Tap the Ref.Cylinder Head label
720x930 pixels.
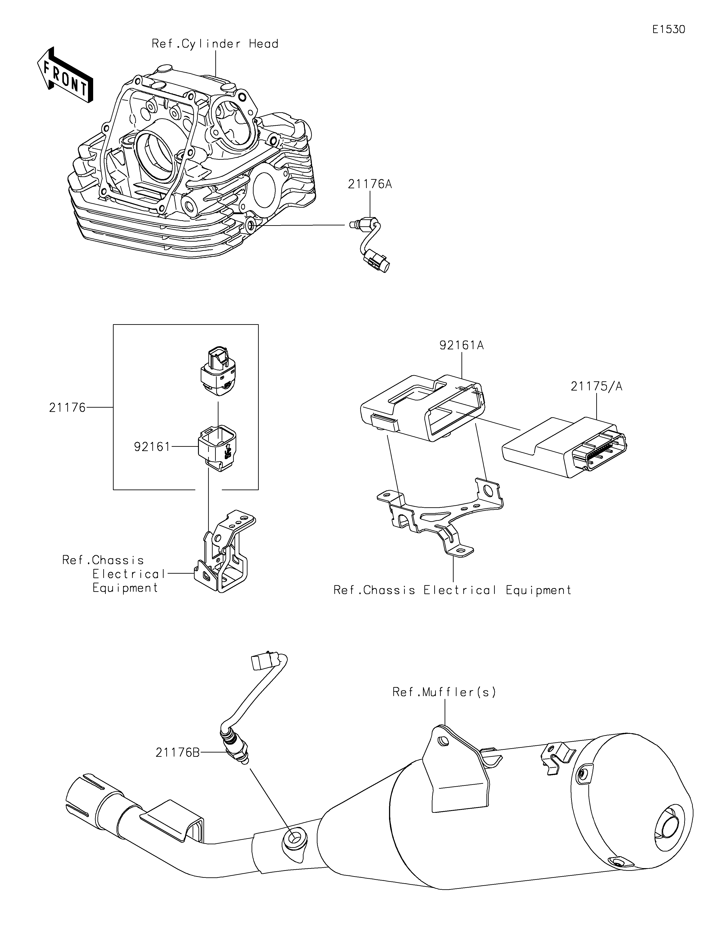click(x=215, y=44)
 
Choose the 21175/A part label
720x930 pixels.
click(x=596, y=386)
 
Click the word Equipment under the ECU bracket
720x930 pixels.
click(x=539, y=590)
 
